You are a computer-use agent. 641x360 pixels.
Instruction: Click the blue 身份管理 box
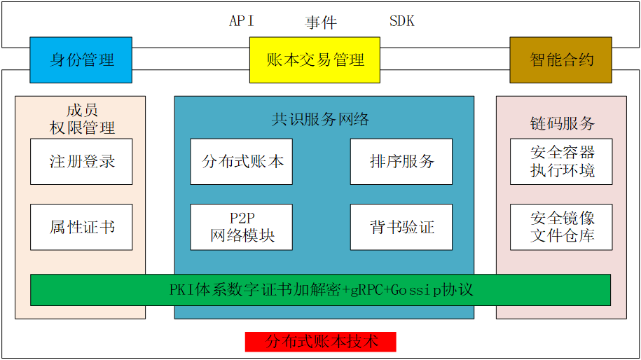[x=81, y=60]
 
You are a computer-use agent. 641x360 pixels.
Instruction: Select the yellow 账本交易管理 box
[x=315, y=60]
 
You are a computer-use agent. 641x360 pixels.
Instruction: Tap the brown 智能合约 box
[x=560, y=60]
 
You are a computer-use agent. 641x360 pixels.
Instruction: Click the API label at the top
[x=242, y=21]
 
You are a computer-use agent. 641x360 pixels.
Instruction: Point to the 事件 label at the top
[x=321, y=22]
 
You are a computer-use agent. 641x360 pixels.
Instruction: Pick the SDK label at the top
[x=401, y=21]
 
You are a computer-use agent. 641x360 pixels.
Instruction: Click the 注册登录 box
[x=81, y=161]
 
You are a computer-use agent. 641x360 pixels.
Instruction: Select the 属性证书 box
[x=81, y=227]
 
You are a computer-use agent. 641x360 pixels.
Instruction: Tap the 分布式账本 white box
[x=242, y=161]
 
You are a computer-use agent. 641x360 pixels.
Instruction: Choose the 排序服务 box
[x=401, y=161]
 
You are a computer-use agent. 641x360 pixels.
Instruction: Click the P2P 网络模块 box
[x=242, y=227]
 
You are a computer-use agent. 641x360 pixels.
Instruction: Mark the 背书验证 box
[x=401, y=227]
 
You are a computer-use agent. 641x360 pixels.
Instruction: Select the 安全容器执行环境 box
[x=561, y=161]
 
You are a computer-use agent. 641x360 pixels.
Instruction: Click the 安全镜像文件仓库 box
[x=561, y=227]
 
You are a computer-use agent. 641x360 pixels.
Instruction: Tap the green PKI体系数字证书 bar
[x=320, y=289]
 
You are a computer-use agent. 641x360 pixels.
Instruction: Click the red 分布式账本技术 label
[x=320, y=342]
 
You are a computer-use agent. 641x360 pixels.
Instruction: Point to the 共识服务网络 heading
[x=320, y=119]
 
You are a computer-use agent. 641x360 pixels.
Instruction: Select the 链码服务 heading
[x=562, y=123]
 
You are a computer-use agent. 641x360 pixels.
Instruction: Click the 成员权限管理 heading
[x=82, y=118]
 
